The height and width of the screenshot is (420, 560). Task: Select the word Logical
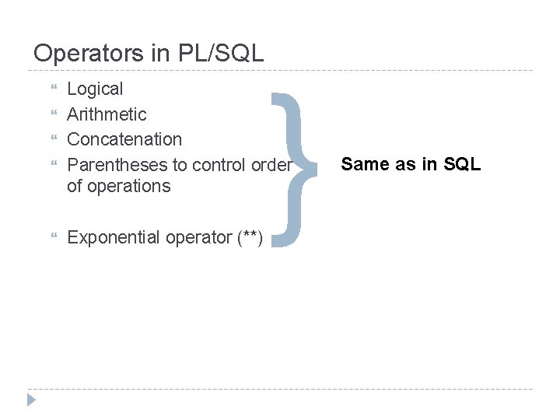[x=95, y=89]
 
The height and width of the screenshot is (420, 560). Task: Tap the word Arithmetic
[x=107, y=114]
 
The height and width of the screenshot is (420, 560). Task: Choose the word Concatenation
[x=124, y=139]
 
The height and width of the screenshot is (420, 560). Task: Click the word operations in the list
[x=129, y=186]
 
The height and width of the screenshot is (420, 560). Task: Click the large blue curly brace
[x=296, y=168]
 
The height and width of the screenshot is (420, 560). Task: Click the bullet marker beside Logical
[x=53, y=89]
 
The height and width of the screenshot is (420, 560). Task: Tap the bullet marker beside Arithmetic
[x=53, y=114]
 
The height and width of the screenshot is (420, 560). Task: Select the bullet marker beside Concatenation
[x=53, y=139]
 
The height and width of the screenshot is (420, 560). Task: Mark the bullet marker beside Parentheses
[x=53, y=165]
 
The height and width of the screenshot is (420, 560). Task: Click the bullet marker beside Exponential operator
[x=53, y=237]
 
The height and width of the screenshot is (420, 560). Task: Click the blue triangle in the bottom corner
[x=31, y=400]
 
